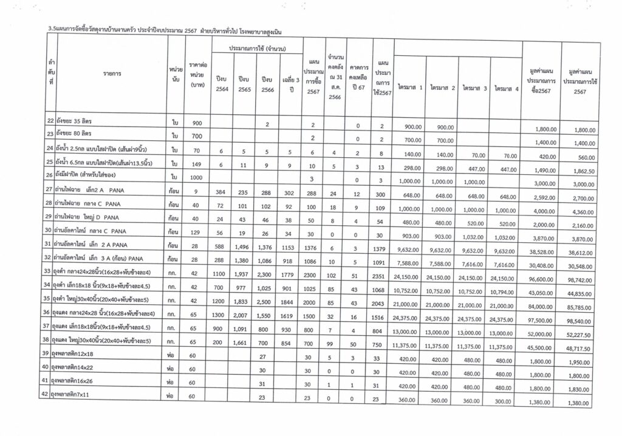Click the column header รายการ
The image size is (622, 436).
pyautogui.click(x=112, y=73)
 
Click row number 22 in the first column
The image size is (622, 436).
pyautogui.click(x=50, y=121)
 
